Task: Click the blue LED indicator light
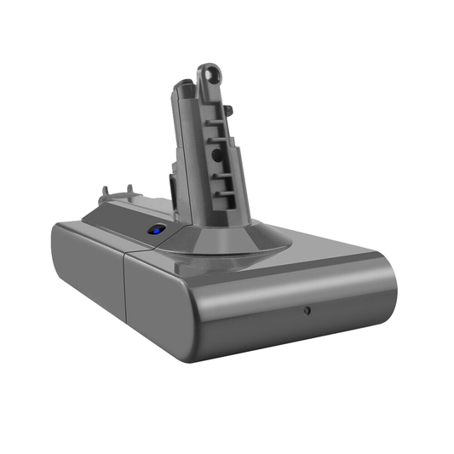[155, 230]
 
